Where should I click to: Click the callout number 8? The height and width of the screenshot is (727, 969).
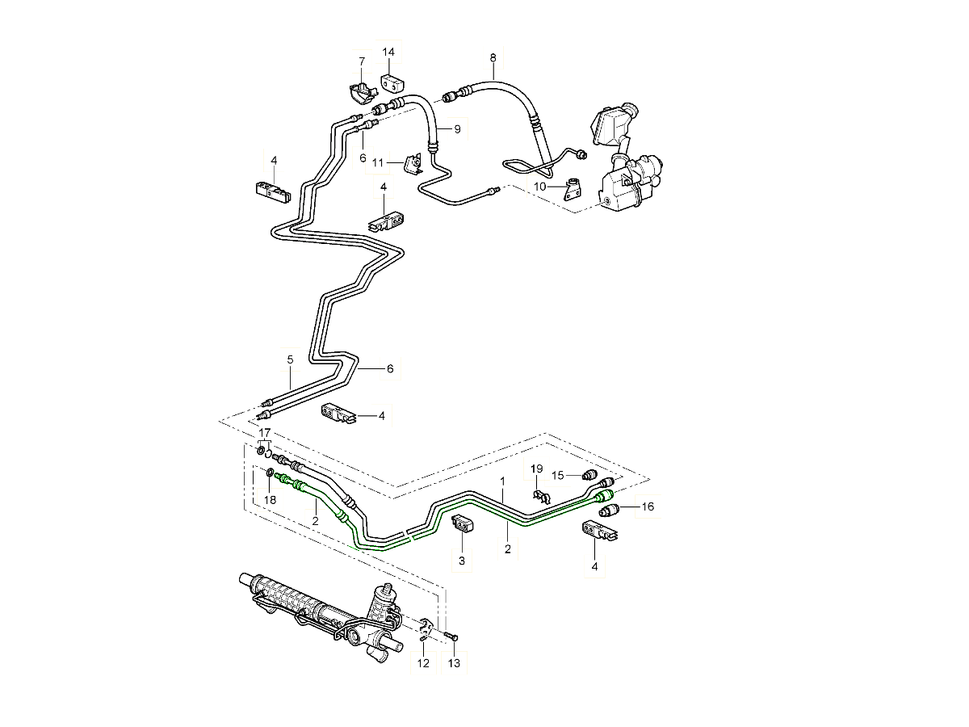point(493,57)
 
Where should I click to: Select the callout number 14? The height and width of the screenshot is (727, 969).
point(388,53)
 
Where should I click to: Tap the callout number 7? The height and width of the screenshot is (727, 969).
point(362,61)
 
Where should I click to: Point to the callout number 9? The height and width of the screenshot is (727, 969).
point(456,129)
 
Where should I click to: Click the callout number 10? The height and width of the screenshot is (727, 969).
point(540,187)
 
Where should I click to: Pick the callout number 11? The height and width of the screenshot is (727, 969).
point(377,162)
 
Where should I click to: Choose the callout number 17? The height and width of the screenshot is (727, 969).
point(265,433)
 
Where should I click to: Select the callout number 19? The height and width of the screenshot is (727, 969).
point(537,469)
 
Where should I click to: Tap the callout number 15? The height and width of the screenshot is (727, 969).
point(557,474)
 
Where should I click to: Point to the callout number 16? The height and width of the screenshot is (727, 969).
point(648,507)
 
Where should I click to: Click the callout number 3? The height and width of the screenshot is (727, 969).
point(462,560)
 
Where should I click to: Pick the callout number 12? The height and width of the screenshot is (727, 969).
point(423,663)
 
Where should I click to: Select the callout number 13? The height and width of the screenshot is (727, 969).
point(454,663)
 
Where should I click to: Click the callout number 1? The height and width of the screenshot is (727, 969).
point(501,480)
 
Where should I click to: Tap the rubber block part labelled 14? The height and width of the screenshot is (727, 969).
point(391,81)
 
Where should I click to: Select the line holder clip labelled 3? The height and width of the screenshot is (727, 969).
point(463,523)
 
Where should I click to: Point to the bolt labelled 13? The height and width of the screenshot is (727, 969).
point(451,637)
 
